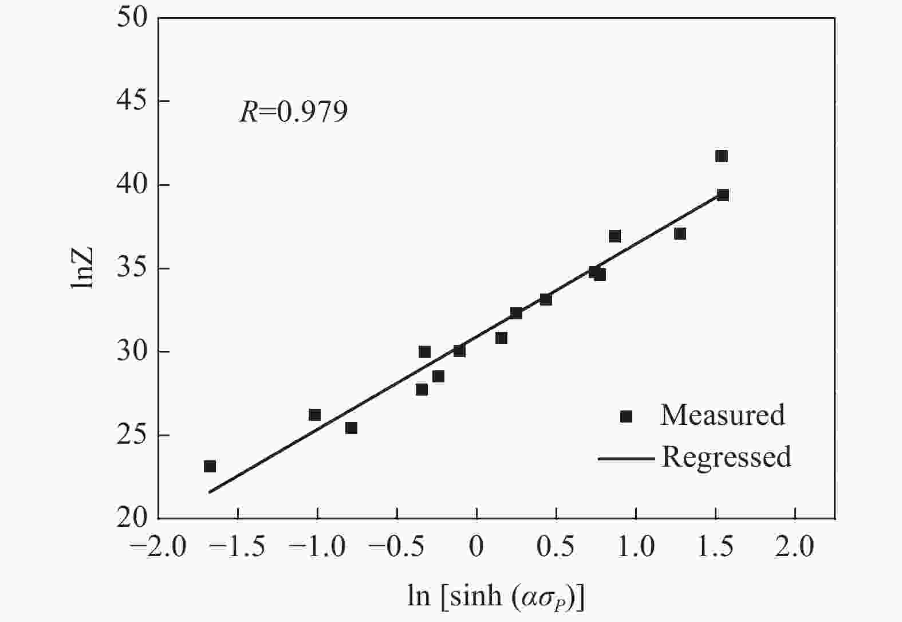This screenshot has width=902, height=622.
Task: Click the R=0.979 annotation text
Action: (293, 112)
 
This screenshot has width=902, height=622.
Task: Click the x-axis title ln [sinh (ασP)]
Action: (496, 596)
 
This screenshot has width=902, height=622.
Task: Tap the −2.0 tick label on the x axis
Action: (158, 546)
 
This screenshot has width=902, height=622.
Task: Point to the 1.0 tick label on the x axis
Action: (636, 546)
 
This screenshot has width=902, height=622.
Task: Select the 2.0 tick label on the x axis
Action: (795, 546)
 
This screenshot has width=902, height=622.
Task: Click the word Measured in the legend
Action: (722, 415)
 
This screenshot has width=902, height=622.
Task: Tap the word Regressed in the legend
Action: (726, 457)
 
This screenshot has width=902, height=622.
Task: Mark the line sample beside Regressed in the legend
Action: (626, 459)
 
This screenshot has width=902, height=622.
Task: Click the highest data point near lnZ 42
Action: (722, 157)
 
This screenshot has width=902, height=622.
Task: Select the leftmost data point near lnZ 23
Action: (210, 467)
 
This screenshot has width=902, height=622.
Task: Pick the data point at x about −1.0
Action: (314, 414)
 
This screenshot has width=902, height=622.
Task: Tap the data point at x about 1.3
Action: (680, 234)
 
